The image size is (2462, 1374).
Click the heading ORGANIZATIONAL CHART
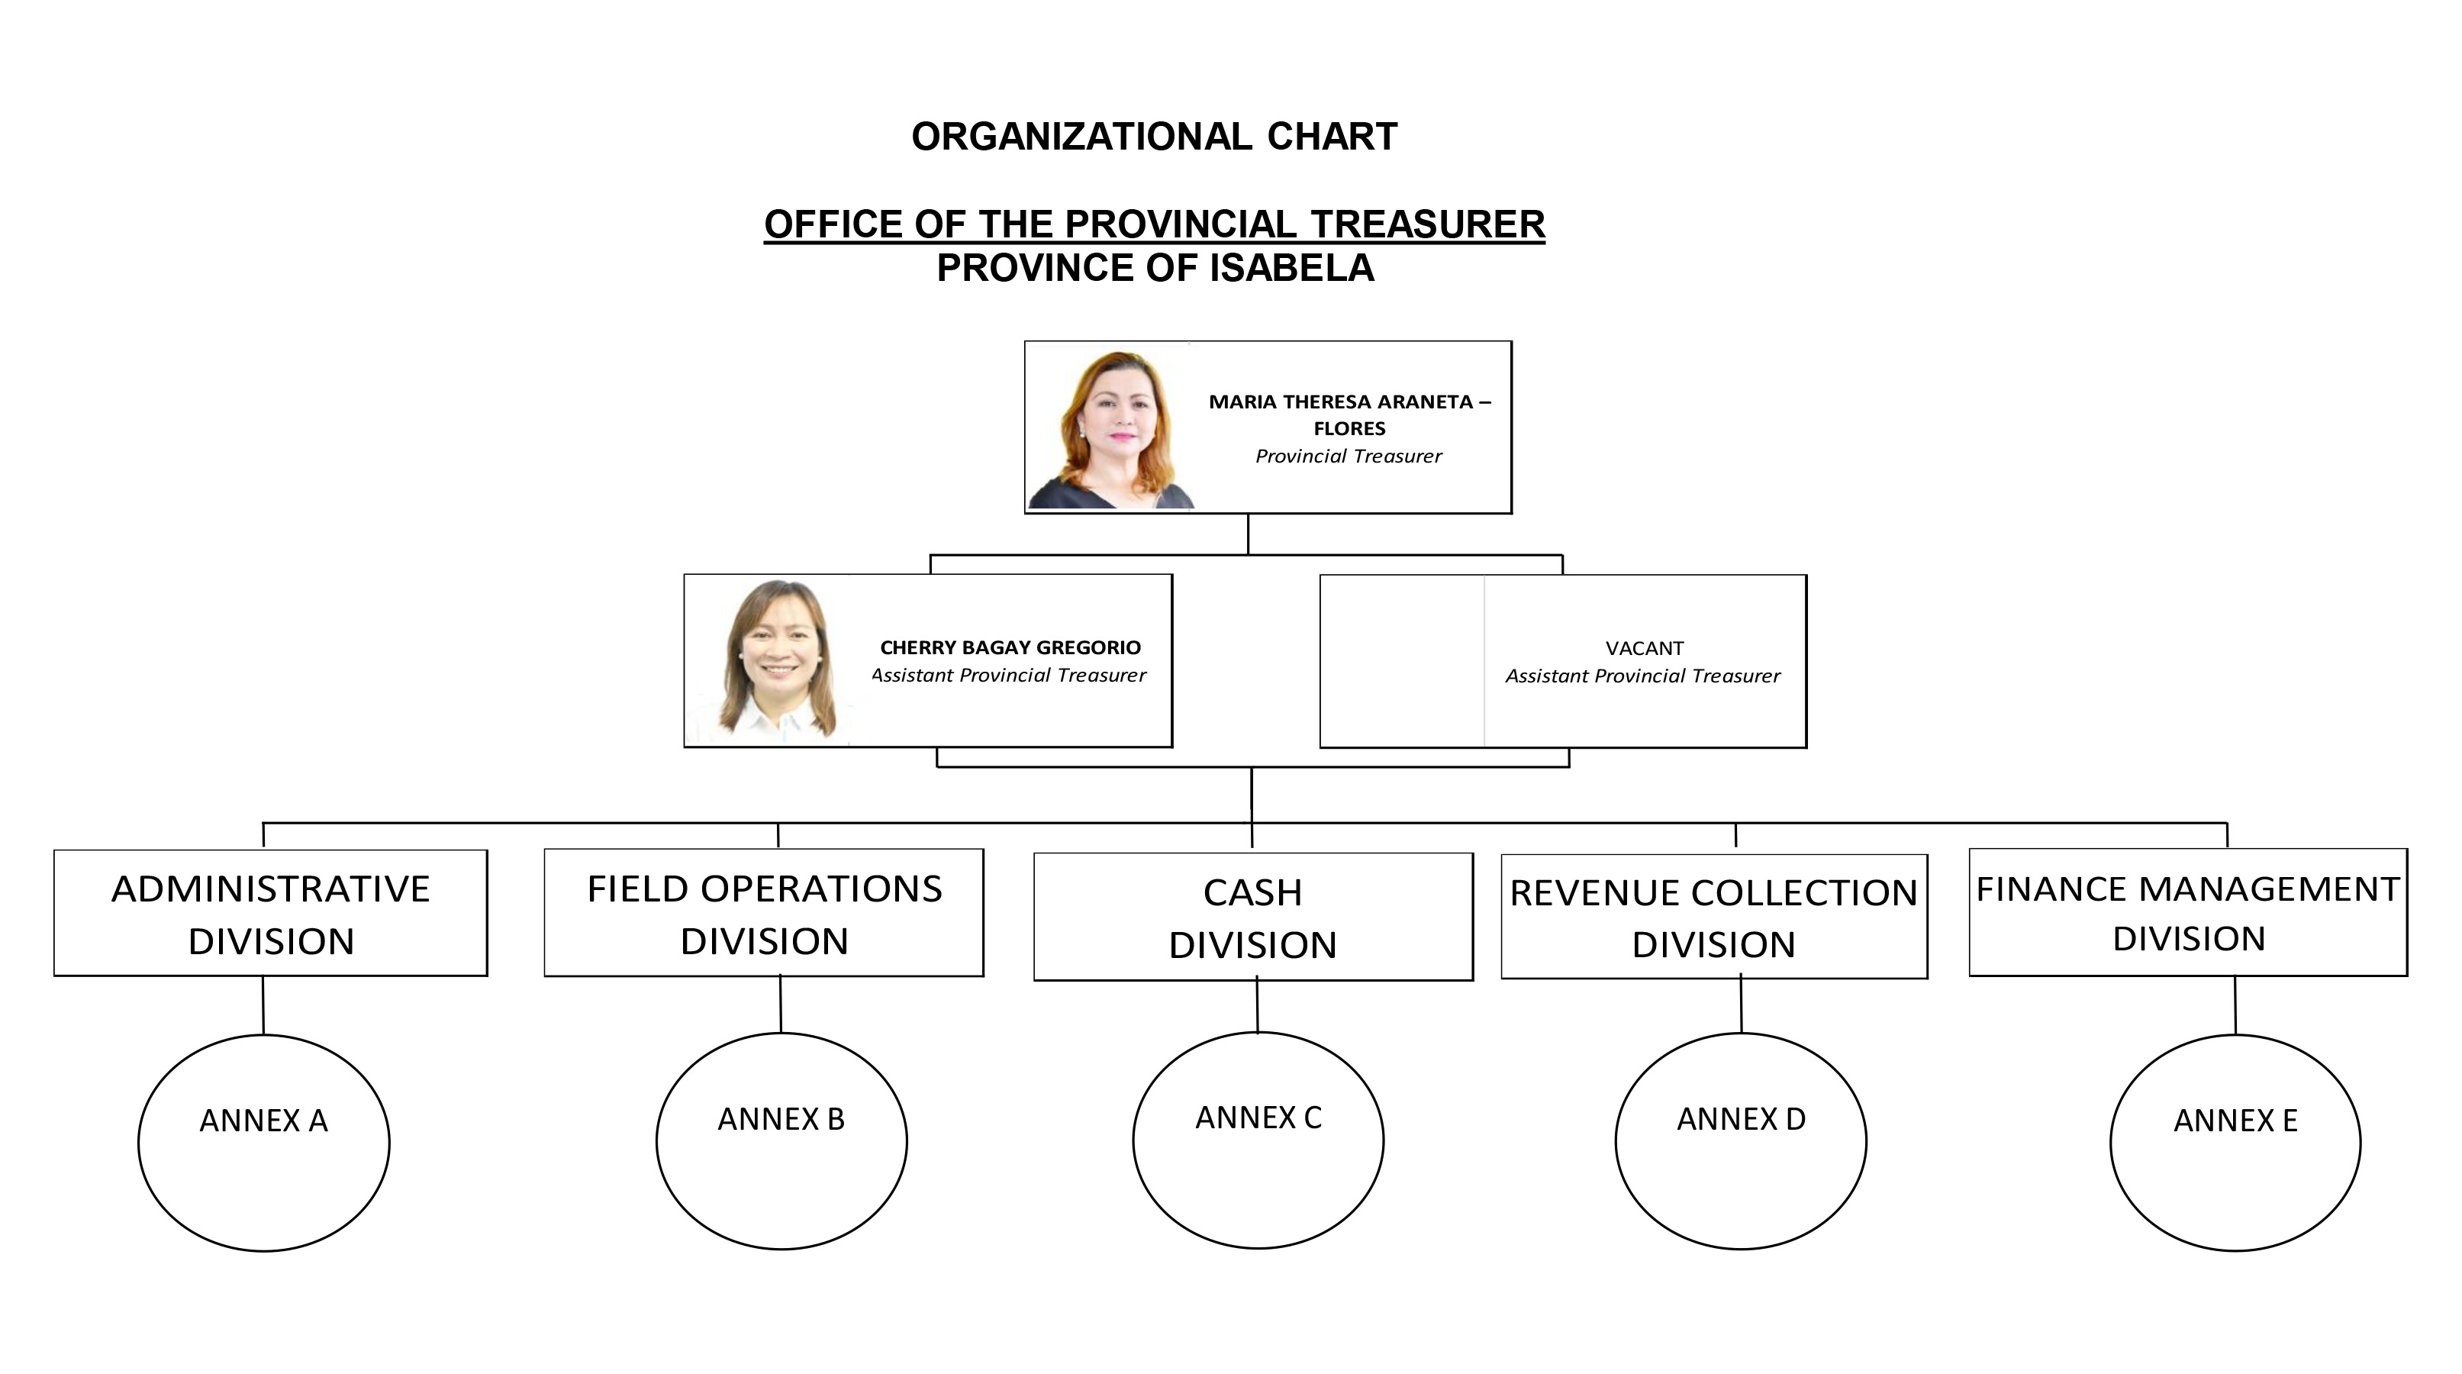point(1155,137)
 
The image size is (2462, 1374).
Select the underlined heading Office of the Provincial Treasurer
point(1155,224)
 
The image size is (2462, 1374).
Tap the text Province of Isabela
point(1155,268)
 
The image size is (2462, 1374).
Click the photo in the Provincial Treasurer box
point(1110,427)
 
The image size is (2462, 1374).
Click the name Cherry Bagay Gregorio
point(1010,647)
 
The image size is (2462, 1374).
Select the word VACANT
point(1644,648)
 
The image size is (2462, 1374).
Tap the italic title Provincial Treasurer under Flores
point(1349,456)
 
